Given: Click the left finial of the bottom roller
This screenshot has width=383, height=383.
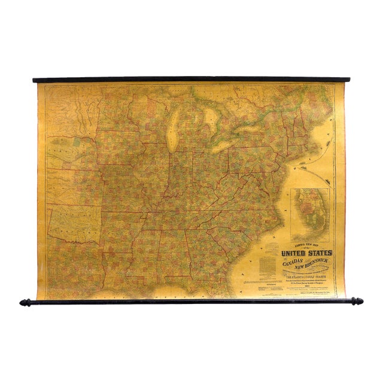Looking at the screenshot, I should click(25, 302).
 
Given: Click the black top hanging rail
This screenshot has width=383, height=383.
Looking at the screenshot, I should click(191, 80).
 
